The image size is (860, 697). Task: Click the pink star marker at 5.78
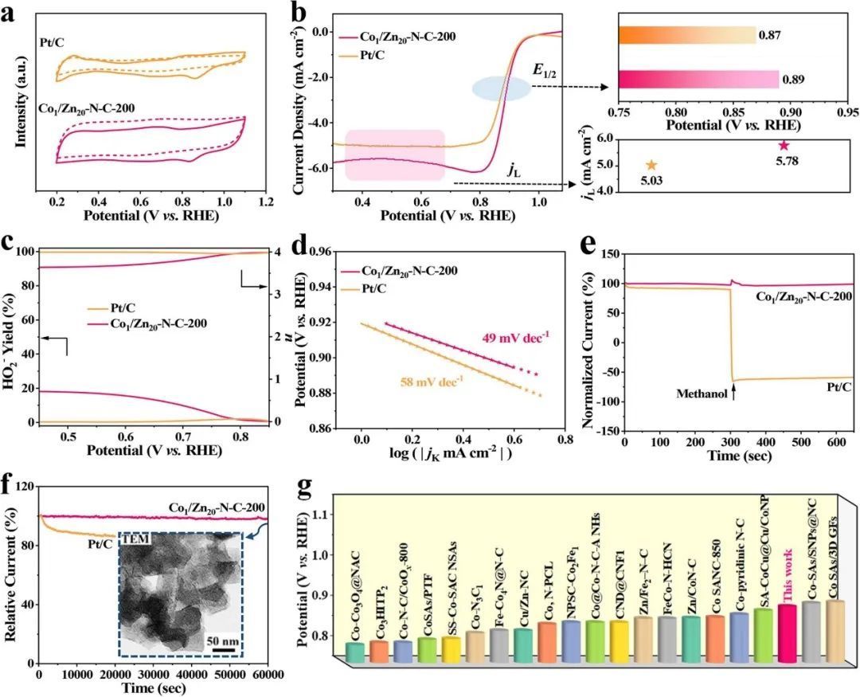[784, 145]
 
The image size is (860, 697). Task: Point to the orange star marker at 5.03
[651, 165]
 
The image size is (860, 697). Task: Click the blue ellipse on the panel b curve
[502, 88]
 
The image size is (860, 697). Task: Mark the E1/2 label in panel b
[543, 75]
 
